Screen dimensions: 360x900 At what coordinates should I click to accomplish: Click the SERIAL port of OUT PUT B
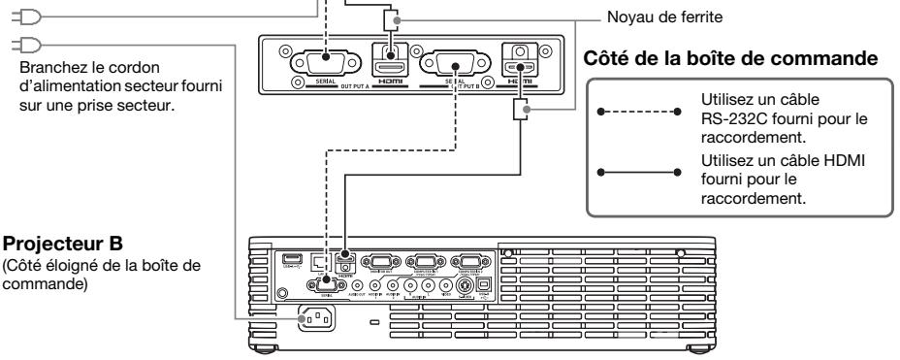pyautogui.click(x=450, y=61)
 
